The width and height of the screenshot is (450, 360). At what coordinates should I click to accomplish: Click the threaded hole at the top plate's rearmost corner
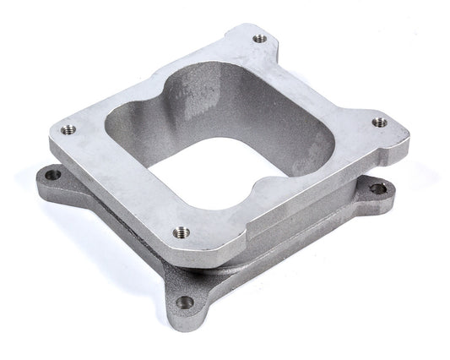click(x=258, y=38)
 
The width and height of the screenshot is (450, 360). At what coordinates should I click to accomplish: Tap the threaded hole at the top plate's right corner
click(x=379, y=123)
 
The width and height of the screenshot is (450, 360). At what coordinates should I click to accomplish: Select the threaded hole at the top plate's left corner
click(x=68, y=129)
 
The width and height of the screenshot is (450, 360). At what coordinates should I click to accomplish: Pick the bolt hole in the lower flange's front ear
click(x=186, y=302)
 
